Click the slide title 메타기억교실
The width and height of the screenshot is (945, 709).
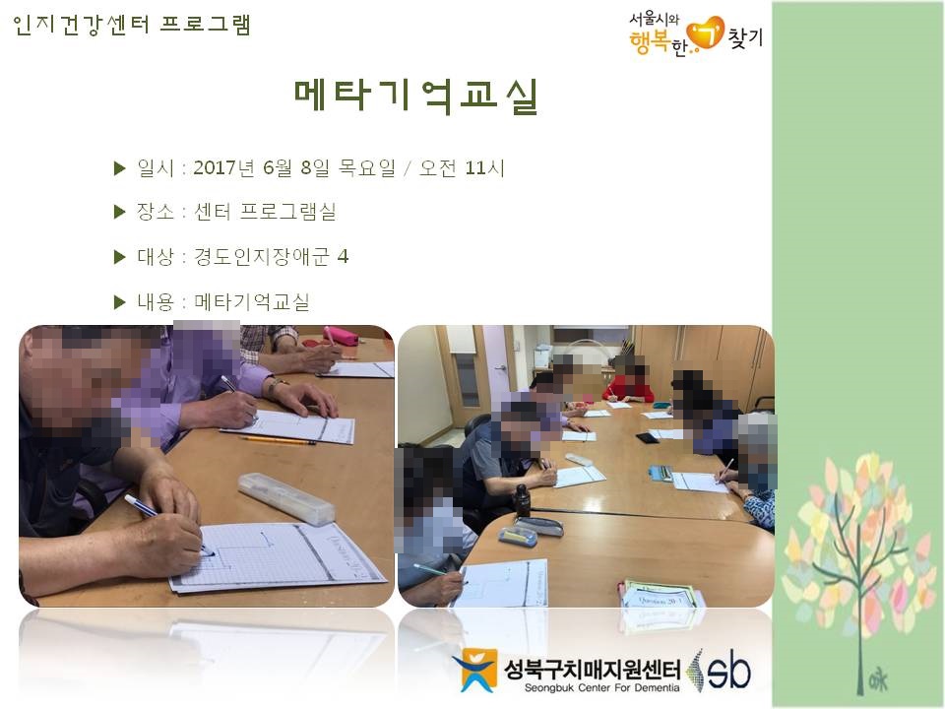(415, 96)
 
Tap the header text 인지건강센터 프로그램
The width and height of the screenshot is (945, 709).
(131, 25)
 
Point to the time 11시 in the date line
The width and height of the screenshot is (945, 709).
(484, 167)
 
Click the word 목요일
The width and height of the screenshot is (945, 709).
(366, 167)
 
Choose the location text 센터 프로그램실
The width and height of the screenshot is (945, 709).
(265, 212)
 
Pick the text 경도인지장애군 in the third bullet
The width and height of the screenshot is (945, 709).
(262, 257)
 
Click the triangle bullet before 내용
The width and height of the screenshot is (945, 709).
(119, 302)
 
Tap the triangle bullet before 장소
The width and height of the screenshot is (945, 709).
(119, 212)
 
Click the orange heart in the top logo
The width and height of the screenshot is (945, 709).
(706, 32)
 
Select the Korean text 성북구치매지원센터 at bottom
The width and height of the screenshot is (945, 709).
(592, 670)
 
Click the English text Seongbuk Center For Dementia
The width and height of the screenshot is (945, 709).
(601, 688)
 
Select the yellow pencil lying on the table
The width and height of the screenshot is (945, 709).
(278, 441)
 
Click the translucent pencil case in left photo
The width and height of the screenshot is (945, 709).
(286, 498)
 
